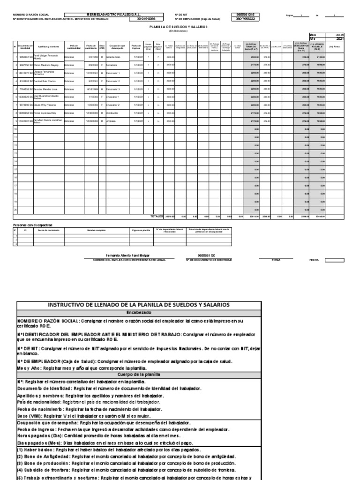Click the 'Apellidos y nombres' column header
(49, 46)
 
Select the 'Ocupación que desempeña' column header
(116, 46)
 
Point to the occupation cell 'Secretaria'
(112, 64)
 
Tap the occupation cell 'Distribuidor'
(113, 112)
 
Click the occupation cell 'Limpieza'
(111, 120)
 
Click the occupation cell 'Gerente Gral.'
(113, 56)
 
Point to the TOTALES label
(157, 217)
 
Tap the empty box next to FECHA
(334, 260)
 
